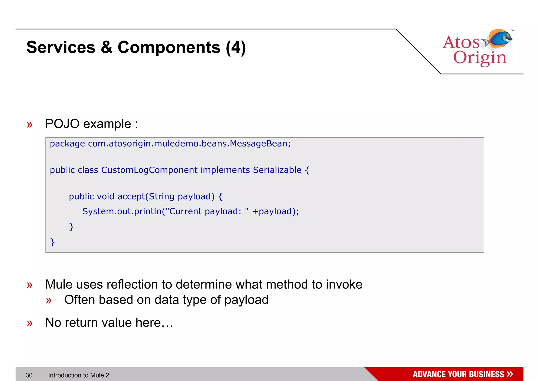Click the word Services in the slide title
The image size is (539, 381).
coord(61,47)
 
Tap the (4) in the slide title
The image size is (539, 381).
coord(236,47)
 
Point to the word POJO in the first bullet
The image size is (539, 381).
coord(62,124)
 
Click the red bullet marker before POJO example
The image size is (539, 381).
coord(29,124)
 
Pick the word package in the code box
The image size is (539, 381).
coord(67,144)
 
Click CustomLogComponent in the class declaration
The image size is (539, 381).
coord(149,170)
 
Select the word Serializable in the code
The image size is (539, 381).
coord(277,170)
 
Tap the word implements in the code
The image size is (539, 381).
coord(225,170)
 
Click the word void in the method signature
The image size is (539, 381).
coord(106,196)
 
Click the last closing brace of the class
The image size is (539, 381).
coord(52,242)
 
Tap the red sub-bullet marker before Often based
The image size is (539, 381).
coord(48,300)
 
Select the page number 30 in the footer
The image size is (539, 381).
coord(29,375)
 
